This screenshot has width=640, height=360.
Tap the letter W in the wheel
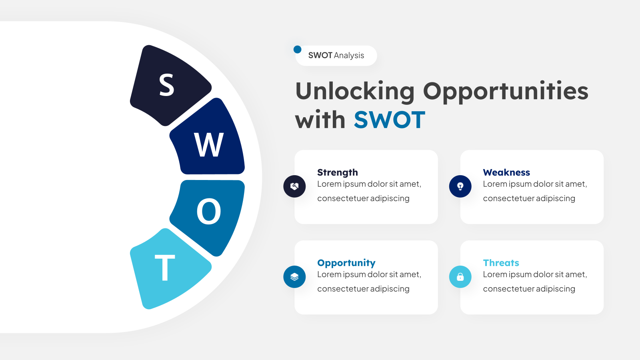pyautogui.click(x=209, y=145)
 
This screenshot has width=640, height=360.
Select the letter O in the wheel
pyautogui.click(x=209, y=212)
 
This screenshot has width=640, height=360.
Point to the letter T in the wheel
pyautogui.click(x=165, y=268)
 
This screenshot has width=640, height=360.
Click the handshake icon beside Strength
pyautogui.click(x=294, y=186)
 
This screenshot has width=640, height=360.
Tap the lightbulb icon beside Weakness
pyautogui.click(x=460, y=186)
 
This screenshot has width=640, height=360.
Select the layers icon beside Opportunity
pyautogui.click(x=294, y=276)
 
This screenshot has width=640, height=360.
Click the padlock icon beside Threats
pyautogui.click(x=460, y=276)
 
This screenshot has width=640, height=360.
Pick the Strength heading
pyautogui.click(x=338, y=172)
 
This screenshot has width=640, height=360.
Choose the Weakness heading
pyautogui.click(x=506, y=172)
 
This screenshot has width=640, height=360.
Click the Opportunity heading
pyautogui.click(x=346, y=263)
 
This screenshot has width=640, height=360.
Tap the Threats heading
pyautogui.click(x=501, y=262)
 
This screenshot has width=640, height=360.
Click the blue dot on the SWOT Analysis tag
pyautogui.click(x=298, y=50)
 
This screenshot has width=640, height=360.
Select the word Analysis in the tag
pyautogui.click(x=349, y=56)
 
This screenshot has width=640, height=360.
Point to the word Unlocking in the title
pyautogui.click(x=355, y=92)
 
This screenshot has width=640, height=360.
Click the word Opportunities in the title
pyautogui.click(x=506, y=92)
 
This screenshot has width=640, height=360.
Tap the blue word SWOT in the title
pyautogui.click(x=390, y=120)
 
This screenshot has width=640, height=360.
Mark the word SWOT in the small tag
pyautogui.click(x=320, y=56)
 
